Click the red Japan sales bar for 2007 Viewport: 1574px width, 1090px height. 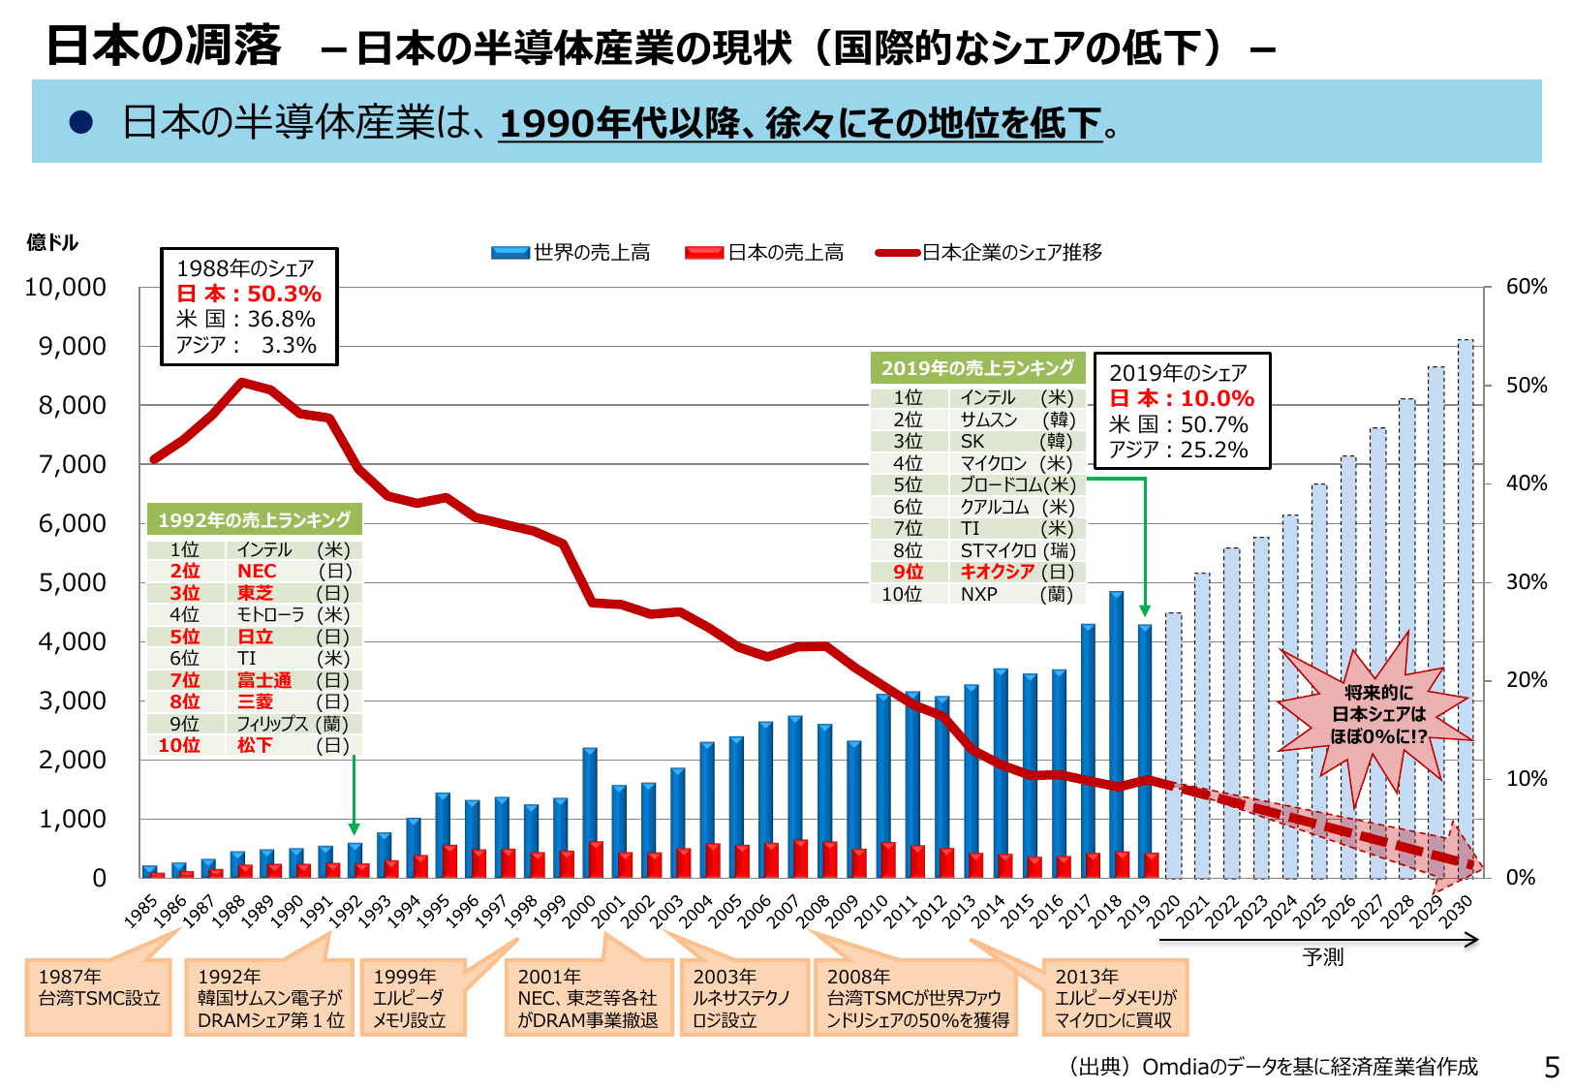pyautogui.click(x=801, y=858)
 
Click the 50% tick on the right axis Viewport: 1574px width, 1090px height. pyautogui.click(x=1527, y=386)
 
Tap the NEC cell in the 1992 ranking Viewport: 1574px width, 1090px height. pyautogui.click(x=257, y=572)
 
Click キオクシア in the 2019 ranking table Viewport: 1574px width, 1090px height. pyautogui.click(x=997, y=573)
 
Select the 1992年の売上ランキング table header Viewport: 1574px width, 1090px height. pyautogui.click(x=254, y=520)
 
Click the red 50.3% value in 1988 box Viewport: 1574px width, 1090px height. pyautogui.click(x=284, y=295)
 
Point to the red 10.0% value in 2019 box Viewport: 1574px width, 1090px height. pyautogui.click(x=1217, y=399)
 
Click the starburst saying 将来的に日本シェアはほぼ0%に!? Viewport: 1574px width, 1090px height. pyautogui.click(x=1377, y=715)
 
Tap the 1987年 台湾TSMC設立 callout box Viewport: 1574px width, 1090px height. pyautogui.click(x=98, y=996)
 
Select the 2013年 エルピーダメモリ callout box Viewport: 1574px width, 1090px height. pyautogui.click(x=1115, y=998)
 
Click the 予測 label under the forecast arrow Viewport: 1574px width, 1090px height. pyautogui.click(x=1322, y=957)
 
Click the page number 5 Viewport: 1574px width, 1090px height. pyautogui.click(x=1552, y=1068)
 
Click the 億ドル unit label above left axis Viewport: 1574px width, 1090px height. pyautogui.click(x=52, y=242)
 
